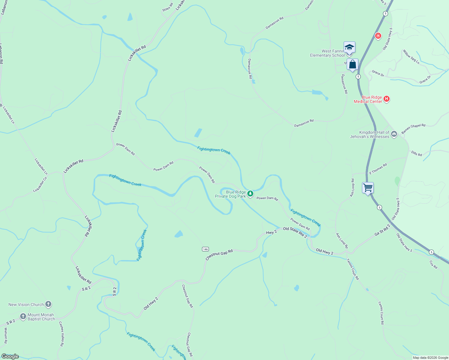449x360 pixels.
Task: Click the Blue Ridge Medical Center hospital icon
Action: tap(387, 99)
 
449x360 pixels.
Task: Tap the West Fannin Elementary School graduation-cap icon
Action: tap(349, 47)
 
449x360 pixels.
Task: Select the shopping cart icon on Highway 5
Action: tap(368, 188)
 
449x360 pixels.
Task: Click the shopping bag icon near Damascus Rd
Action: tap(352, 64)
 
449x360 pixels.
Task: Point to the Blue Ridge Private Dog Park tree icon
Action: tap(250, 194)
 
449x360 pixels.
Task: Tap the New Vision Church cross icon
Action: tap(48, 304)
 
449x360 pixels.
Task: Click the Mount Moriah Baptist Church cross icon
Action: tap(23, 316)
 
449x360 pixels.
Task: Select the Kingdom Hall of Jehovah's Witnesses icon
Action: tap(394, 134)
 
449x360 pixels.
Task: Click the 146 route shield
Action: tap(205, 249)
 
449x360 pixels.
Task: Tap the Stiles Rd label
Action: tap(167, 7)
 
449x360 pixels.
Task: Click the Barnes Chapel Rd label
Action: tap(413, 129)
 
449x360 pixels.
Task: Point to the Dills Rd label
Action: tap(417, 154)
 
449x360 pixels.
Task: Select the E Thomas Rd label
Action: tap(378, 169)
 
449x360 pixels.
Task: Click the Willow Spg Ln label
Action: tap(411, 57)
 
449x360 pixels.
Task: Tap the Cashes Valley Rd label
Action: tap(62, 334)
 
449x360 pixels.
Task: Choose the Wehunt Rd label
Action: tap(5, 335)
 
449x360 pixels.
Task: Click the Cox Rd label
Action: tap(433, 264)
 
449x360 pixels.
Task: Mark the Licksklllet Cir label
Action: tap(40, 184)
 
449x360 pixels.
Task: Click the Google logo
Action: tap(10, 356)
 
